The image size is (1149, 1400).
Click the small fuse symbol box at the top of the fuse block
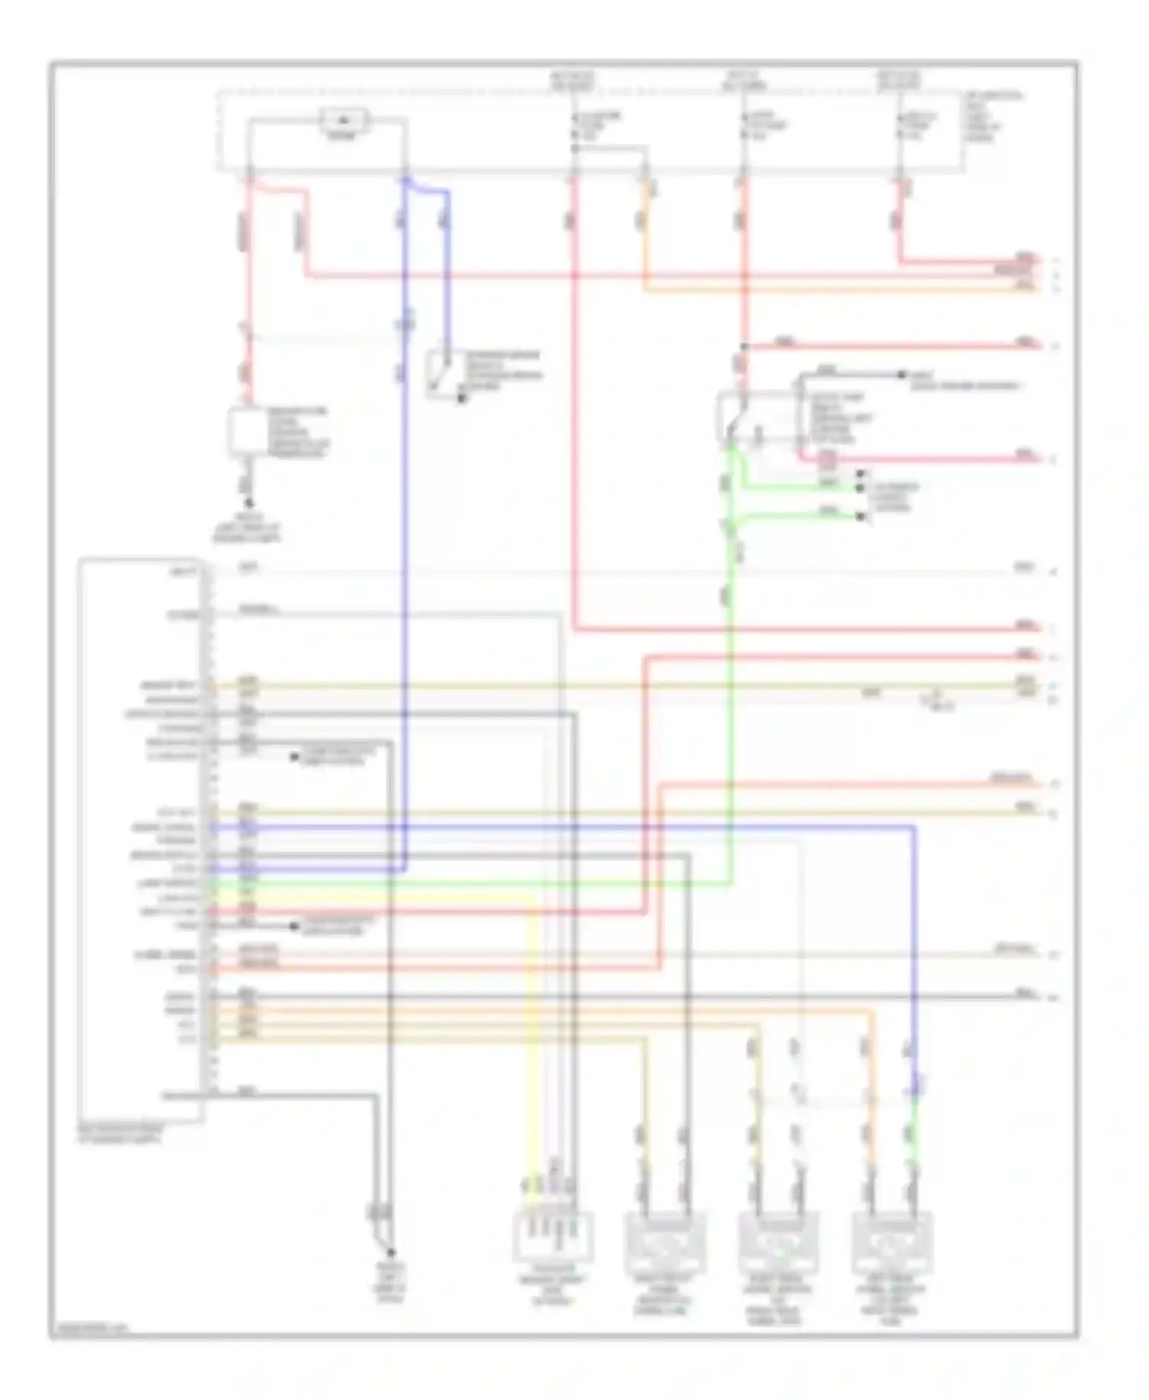pos(344,120)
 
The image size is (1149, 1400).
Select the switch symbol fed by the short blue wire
pos(442,373)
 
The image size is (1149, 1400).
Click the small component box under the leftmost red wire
pos(246,433)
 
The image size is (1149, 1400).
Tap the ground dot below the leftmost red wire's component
pos(248,503)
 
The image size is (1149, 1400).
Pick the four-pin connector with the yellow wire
pos(552,1235)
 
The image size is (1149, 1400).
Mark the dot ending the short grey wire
pos(902,375)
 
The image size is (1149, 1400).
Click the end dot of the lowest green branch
pos(860,517)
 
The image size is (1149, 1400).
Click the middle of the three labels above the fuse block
pos(743,80)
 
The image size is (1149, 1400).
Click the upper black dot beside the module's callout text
pos(293,757)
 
